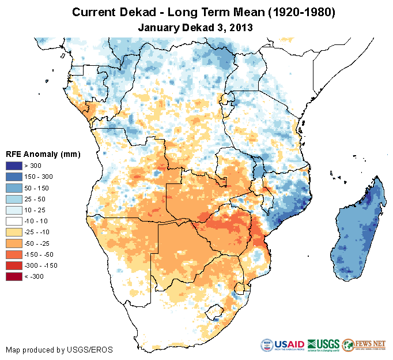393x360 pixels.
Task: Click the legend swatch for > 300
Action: pos(15,166)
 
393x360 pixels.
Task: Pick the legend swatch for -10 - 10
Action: pos(15,221)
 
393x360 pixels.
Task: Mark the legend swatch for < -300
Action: pos(15,276)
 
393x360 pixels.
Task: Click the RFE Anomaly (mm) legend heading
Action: pos(43,155)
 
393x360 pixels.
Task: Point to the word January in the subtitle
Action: pos(159,27)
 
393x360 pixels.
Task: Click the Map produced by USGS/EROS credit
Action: pos(59,350)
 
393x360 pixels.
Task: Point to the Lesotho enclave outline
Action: pos(216,315)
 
